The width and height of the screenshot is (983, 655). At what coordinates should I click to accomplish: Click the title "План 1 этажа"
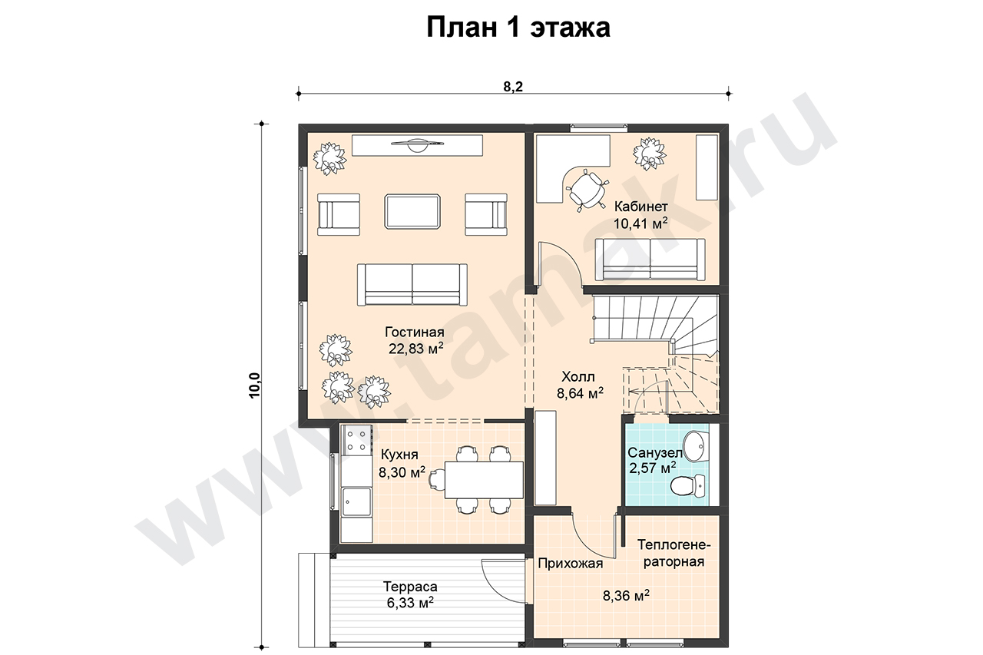click(x=518, y=28)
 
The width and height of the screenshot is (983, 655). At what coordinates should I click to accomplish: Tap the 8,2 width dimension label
click(x=513, y=87)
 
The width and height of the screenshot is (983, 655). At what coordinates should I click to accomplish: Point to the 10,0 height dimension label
click(x=254, y=385)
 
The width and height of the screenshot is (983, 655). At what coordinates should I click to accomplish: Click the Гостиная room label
click(x=415, y=332)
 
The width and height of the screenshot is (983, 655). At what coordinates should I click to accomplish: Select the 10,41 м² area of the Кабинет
click(x=640, y=223)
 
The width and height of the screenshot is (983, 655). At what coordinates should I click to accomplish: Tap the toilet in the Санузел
click(x=688, y=486)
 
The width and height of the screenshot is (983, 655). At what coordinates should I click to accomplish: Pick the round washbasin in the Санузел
click(x=696, y=447)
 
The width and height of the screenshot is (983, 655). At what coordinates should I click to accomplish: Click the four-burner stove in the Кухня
click(x=357, y=441)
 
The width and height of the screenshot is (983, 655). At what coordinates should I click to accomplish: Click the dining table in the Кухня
click(x=484, y=480)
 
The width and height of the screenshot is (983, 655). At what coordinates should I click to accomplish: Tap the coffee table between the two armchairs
click(x=412, y=211)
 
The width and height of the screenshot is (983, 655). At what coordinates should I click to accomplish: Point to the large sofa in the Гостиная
click(x=412, y=284)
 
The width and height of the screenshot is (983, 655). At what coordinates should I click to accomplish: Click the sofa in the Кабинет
click(x=650, y=260)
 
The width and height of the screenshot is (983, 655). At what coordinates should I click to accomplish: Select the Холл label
click(x=578, y=376)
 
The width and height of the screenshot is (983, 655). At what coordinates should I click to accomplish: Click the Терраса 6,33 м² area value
click(x=410, y=603)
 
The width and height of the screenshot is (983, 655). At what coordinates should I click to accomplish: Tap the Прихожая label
click(x=571, y=564)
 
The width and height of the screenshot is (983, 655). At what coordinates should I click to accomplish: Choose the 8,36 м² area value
click(x=626, y=595)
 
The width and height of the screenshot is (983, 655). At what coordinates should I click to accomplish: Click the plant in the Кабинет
click(x=649, y=154)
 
